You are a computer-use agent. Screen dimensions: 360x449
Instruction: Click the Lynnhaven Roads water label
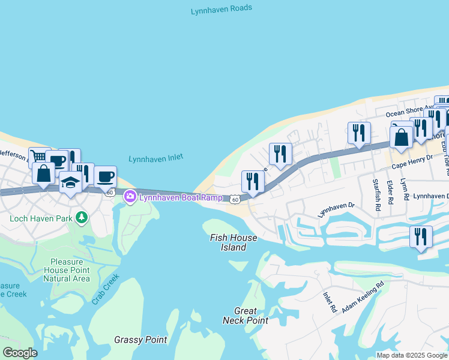click(221, 9)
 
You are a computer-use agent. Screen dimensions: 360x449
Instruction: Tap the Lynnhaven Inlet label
click(155, 158)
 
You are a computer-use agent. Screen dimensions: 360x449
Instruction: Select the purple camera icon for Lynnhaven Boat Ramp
click(130, 196)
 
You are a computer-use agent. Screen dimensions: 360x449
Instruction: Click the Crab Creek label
click(106, 289)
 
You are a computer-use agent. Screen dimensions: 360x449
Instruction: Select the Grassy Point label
click(140, 340)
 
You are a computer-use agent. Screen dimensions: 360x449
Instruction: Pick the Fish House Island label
click(234, 242)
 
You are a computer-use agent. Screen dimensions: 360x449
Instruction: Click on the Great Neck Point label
click(246, 316)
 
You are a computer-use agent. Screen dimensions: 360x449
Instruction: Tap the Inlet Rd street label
click(329, 302)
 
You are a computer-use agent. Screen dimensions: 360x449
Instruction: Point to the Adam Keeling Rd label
click(363, 298)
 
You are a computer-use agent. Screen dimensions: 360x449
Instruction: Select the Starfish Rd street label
click(376, 196)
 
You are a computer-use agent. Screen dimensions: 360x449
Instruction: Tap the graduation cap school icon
click(70, 182)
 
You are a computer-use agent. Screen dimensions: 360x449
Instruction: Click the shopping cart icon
click(39, 157)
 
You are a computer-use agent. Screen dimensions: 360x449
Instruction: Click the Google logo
click(19, 353)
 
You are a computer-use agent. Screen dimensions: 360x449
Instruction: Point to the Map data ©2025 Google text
click(412, 355)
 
